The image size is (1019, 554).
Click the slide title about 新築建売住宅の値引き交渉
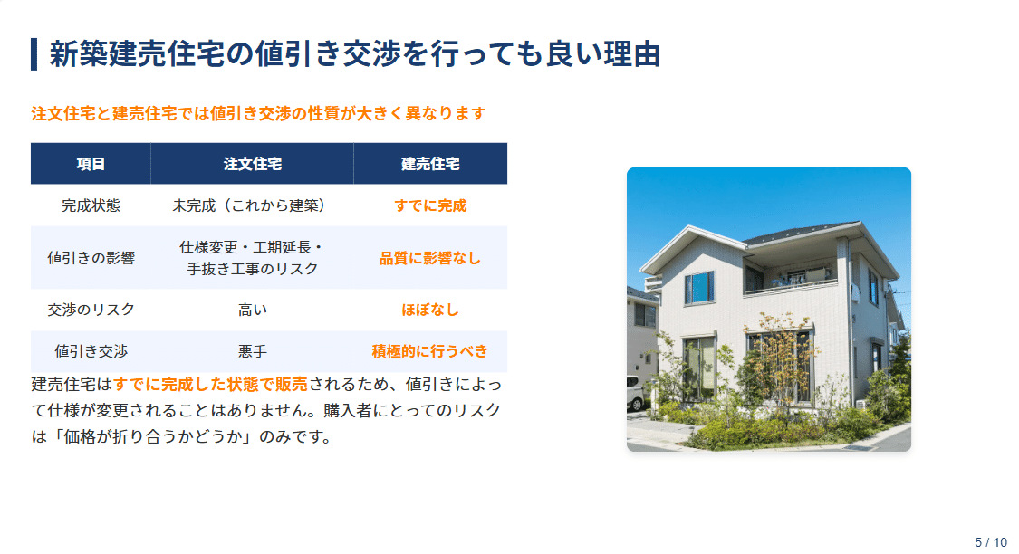click(x=354, y=54)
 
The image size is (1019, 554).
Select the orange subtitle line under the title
click(x=259, y=113)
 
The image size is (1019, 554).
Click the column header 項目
click(x=91, y=164)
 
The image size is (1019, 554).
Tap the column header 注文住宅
click(x=252, y=164)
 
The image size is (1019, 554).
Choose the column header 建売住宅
click(x=430, y=164)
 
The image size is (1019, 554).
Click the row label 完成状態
click(x=91, y=205)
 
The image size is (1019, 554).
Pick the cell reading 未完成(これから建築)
click(x=252, y=205)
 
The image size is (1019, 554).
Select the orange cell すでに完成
click(x=430, y=205)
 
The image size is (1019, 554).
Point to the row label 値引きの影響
click(x=91, y=258)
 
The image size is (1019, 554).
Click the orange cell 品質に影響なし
click(x=430, y=258)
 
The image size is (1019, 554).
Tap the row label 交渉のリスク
click(x=91, y=310)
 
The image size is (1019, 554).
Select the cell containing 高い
click(x=252, y=310)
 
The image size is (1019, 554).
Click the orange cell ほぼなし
click(x=430, y=310)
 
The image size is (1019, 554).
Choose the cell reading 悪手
click(x=252, y=351)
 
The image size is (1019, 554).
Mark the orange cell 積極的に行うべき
click(x=430, y=351)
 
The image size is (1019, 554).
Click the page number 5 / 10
click(x=991, y=542)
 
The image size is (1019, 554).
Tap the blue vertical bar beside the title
click(x=34, y=54)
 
